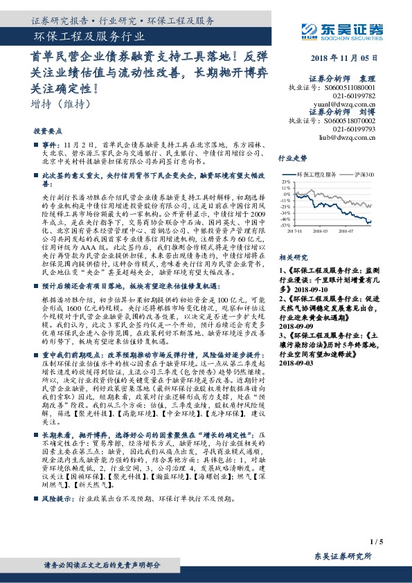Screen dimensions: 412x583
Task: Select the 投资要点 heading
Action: pos(47,130)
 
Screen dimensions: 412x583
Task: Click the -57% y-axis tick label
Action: pos(285,225)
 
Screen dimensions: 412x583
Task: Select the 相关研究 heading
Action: pos(289,256)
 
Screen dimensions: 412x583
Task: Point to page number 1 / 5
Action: pos(377,541)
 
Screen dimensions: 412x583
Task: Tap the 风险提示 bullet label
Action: pos(57,498)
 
